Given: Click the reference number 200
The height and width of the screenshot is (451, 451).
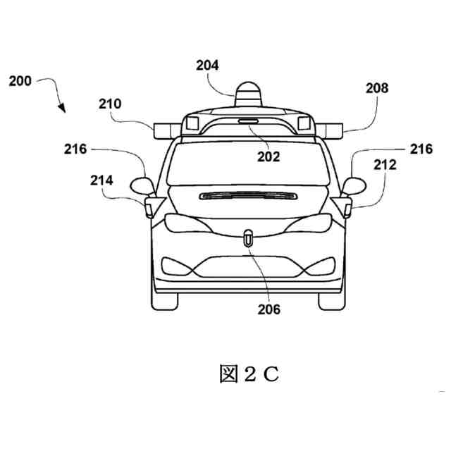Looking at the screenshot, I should [x=20, y=81].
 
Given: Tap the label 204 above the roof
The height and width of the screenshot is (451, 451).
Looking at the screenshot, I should [x=207, y=66].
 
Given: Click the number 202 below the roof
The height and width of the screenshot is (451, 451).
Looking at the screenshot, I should [x=268, y=157].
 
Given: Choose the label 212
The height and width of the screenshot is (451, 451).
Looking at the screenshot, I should [x=385, y=165].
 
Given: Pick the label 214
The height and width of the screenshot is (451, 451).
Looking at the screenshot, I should [x=101, y=180].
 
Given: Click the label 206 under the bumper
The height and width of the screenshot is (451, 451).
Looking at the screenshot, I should [x=269, y=309].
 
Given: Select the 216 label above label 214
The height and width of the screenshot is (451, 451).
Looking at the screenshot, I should [x=74, y=149].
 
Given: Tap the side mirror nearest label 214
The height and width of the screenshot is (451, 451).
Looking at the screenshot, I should [x=142, y=187].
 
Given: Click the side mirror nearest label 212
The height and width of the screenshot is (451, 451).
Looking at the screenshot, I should [x=354, y=185].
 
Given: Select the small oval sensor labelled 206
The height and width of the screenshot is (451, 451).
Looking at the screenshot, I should [x=248, y=238].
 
